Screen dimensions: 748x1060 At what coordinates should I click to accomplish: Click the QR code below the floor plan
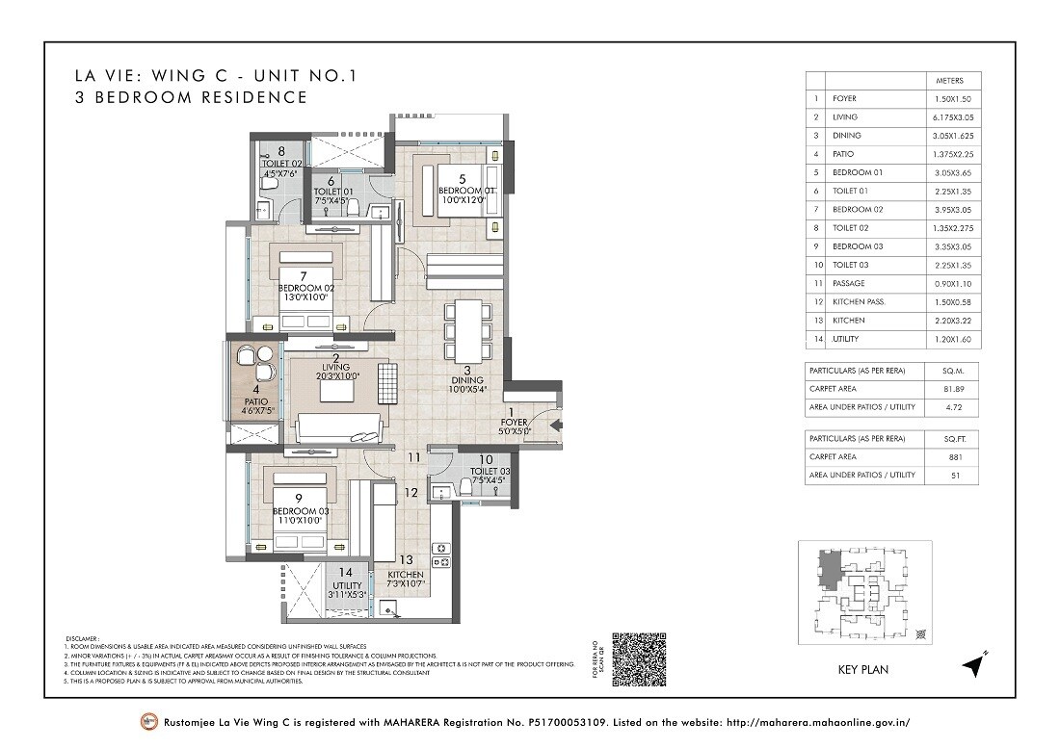click(640, 658)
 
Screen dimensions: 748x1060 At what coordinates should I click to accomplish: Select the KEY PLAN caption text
click(864, 670)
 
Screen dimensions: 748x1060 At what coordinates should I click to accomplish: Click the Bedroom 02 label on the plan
click(306, 288)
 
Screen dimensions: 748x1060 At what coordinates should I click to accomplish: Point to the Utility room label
click(347, 585)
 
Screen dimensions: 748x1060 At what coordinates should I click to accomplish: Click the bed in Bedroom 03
click(306, 503)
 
